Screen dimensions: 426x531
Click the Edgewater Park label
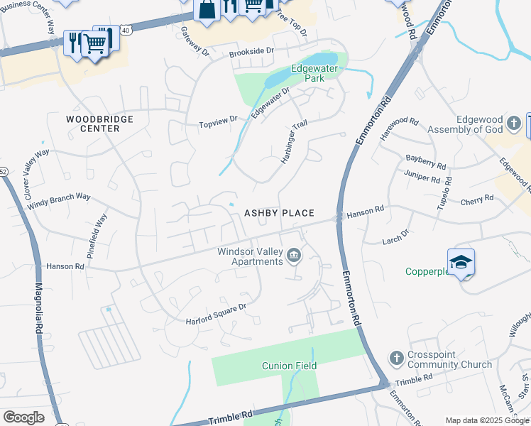point(317,73)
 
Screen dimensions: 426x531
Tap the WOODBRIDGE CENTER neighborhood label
point(99,124)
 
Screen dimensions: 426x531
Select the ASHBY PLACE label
point(279,213)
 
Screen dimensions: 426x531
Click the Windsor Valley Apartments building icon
point(293,254)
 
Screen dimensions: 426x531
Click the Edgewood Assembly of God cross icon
point(514,125)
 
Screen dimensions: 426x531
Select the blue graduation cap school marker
point(460,262)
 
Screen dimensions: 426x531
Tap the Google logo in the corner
point(23,417)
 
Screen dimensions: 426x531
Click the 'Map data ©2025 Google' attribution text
point(487,420)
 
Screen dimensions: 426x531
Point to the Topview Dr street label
point(217,124)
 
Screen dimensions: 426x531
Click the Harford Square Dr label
point(215,314)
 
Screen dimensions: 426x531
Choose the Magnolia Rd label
point(39,310)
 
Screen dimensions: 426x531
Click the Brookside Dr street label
point(251,52)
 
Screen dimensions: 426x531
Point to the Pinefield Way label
point(96,235)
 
